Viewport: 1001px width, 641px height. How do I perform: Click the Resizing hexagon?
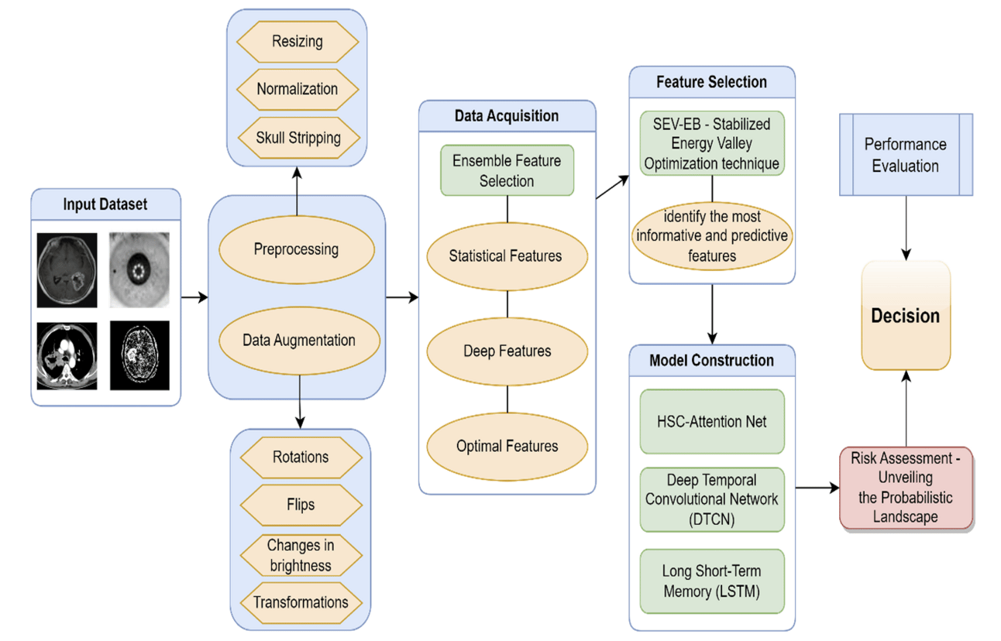point(297,40)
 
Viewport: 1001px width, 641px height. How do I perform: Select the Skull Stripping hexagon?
point(298,138)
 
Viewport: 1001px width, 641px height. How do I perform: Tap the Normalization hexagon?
point(298,89)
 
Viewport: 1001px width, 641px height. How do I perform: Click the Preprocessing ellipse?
point(297,249)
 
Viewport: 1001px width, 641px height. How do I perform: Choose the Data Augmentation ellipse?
point(299,340)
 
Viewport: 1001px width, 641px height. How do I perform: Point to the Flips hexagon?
point(301,505)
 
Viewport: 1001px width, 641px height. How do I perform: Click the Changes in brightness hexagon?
point(301,555)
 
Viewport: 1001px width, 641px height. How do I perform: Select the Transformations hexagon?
point(301,602)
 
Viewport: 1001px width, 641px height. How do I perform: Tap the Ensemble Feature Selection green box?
point(507,171)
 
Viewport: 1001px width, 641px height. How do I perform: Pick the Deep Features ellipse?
point(507,351)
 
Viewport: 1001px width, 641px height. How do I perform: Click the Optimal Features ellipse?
point(507,445)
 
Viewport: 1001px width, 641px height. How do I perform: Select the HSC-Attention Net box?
point(712,421)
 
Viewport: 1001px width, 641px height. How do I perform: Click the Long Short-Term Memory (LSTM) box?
point(712,581)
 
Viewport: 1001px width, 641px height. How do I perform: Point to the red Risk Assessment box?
point(906,488)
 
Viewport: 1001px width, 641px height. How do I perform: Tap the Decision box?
point(906,315)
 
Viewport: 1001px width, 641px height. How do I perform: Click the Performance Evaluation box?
point(905,155)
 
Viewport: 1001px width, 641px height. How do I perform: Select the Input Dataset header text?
point(105,205)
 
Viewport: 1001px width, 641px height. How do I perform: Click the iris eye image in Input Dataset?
point(139,271)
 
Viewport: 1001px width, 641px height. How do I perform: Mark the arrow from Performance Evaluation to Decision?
point(906,228)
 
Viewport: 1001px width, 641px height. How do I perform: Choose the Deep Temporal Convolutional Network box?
point(712,499)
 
